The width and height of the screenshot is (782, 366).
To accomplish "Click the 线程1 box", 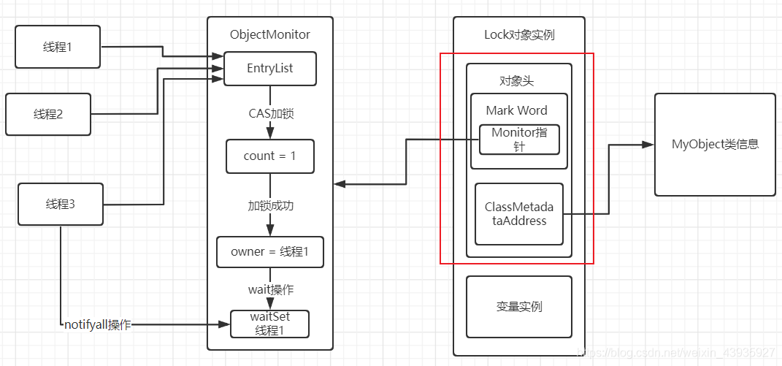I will [x=58, y=47].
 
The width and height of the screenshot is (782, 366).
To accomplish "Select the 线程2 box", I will [x=48, y=114].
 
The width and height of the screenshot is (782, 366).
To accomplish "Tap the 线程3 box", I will [x=60, y=205].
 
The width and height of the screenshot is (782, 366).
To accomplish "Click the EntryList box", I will [x=269, y=68].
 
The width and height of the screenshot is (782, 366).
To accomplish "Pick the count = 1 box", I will [x=269, y=156].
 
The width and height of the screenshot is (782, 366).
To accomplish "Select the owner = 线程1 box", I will [x=269, y=251].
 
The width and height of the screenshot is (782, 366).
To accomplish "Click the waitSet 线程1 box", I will [x=269, y=324].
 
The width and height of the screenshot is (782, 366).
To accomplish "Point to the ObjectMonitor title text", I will [x=269, y=34].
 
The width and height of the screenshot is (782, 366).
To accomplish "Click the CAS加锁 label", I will [x=271, y=114].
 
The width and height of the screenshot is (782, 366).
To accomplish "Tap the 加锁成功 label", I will [x=270, y=206].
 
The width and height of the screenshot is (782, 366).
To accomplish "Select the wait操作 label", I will [x=270, y=289].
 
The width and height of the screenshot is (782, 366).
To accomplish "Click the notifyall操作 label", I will [x=96, y=324].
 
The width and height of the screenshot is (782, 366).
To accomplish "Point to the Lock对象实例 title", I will [x=519, y=34].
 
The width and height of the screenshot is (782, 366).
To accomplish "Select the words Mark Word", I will [x=517, y=110].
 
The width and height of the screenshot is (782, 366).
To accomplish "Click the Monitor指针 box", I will [x=519, y=140].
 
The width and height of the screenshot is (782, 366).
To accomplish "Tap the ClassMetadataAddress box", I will [x=519, y=214].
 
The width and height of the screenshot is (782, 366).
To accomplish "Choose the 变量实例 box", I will [x=519, y=307].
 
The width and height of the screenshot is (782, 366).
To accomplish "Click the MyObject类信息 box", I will [x=715, y=145].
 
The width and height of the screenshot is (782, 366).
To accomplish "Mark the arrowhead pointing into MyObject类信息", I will [x=648, y=145].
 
